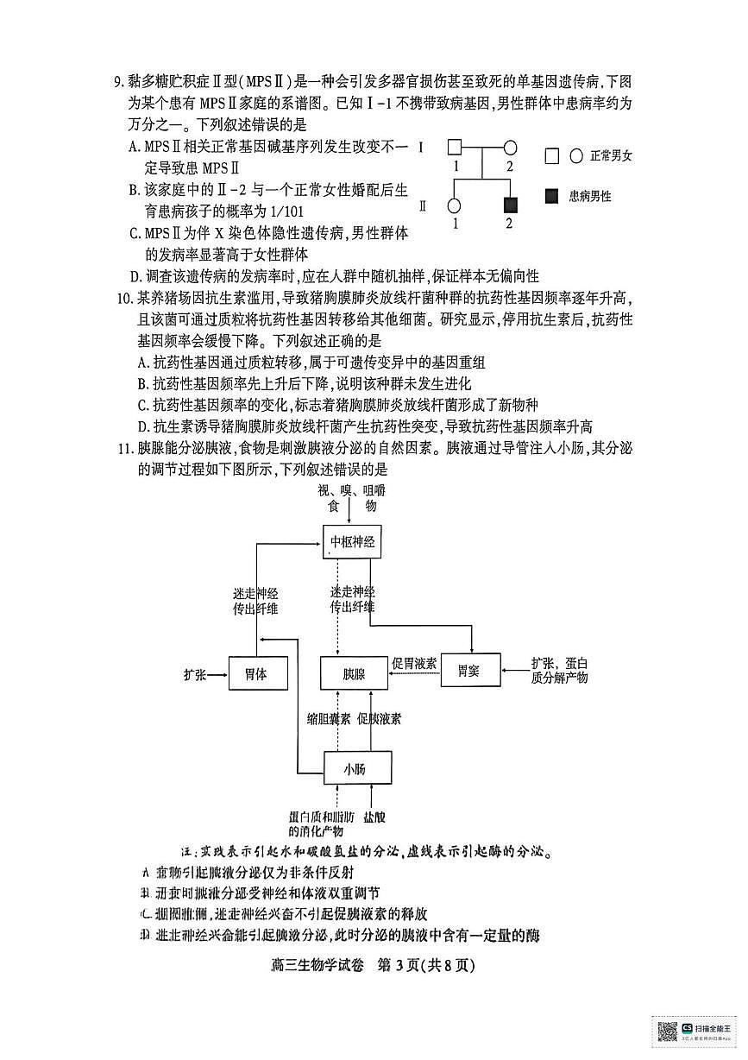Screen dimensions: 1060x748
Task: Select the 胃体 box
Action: tap(255, 673)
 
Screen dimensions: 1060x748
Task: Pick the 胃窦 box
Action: tap(470, 670)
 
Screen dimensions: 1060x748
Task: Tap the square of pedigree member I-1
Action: tap(455, 148)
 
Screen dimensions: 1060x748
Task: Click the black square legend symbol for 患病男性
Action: tap(552, 196)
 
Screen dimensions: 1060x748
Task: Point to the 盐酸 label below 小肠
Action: tap(374, 816)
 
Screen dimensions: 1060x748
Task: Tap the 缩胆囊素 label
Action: tap(328, 718)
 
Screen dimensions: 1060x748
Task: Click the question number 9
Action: tap(120, 83)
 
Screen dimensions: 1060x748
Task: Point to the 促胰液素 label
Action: tap(379, 718)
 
